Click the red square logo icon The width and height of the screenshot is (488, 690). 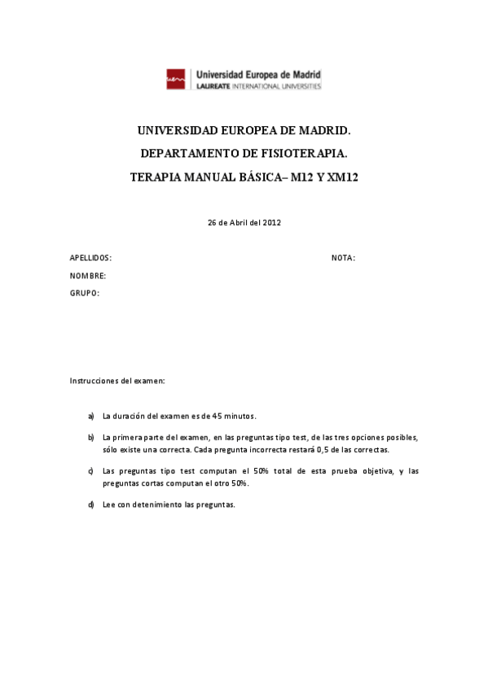pos(176,78)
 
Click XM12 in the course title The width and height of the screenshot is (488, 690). pos(341,175)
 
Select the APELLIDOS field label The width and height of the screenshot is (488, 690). pos(90,258)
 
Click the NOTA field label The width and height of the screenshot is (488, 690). pos(343,258)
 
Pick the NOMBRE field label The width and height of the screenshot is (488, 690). pos(88,276)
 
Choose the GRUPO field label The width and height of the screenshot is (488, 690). pos(85,293)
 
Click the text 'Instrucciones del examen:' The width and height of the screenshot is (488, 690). pos(117,380)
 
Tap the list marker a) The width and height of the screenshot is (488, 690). pos(90,416)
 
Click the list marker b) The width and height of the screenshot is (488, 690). pos(90,437)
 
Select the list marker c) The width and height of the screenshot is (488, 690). pos(90,471)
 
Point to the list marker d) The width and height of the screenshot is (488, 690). pos(90,504)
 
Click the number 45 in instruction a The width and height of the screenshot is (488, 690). pos(218,416)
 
